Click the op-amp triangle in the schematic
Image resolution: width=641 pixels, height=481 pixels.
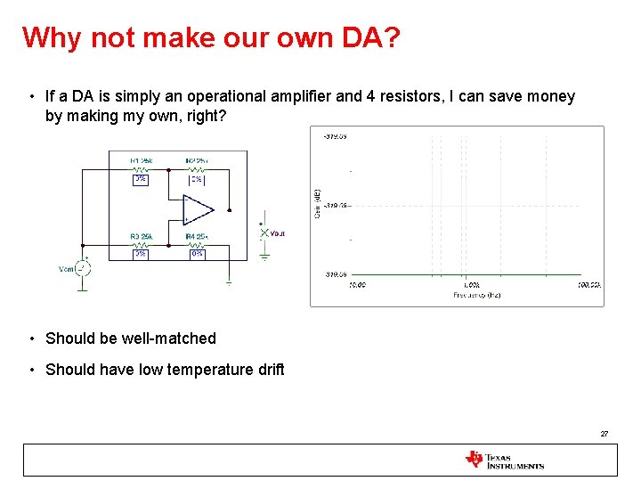click(198, 209)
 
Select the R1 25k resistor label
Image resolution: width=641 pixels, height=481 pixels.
click(141, 161)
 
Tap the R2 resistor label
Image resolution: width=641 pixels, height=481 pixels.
click(197, 161)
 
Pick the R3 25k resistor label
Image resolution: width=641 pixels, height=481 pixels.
click(141, 236)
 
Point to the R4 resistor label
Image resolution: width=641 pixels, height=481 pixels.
click(196, 236)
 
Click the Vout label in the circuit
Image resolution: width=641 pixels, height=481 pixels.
click(277, 233)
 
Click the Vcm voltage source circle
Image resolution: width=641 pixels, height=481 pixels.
click(82, 268)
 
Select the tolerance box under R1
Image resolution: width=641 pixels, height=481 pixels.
click(141, 178)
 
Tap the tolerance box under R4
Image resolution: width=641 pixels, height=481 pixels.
click(197, 254)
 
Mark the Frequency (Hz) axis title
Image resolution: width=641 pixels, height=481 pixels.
click(476, 295)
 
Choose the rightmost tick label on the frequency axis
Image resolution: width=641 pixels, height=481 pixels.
click(588, 285)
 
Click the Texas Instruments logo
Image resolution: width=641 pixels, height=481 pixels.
click(504, 460)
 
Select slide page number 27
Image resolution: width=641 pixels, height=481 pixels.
click(604, 434)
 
